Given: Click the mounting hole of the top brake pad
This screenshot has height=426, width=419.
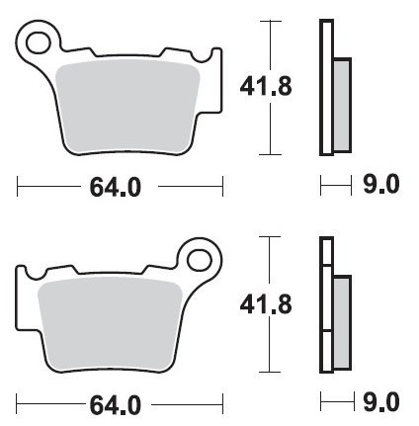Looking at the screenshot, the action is [x=39, y=43].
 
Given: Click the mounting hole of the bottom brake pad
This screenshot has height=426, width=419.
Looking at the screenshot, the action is [x=200, y=260].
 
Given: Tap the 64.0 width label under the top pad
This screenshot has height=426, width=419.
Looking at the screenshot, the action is [x=116, y=187].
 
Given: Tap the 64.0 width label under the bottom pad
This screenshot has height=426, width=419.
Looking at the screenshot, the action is [x=116, y=405].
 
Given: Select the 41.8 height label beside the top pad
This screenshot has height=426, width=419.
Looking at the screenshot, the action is [x=266, y=86].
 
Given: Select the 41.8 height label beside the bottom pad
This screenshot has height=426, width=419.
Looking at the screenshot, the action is [x=266, y=304].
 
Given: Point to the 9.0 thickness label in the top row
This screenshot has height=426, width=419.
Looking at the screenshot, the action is [x=381, y=184].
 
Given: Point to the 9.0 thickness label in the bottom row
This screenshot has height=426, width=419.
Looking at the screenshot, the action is [x=381, y=401].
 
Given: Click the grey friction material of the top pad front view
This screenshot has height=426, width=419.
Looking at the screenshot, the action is [x=127, y=106].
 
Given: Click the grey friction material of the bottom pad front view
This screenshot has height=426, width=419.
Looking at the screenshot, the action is [x=110, y=324].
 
